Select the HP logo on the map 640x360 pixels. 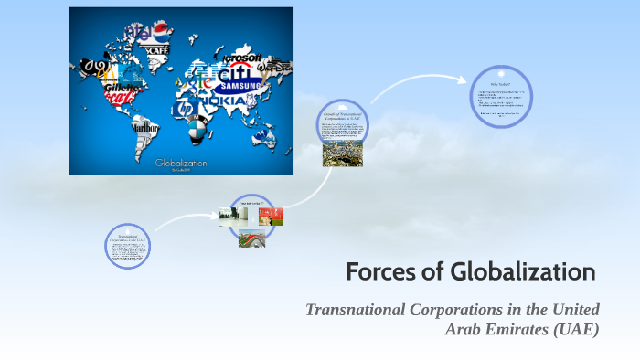click(185, 109)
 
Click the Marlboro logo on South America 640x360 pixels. click(144, 128)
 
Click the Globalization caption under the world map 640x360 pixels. click(181, 163)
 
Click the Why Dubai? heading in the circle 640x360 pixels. click(500, 85)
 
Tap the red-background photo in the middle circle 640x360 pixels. click(271, 216)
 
